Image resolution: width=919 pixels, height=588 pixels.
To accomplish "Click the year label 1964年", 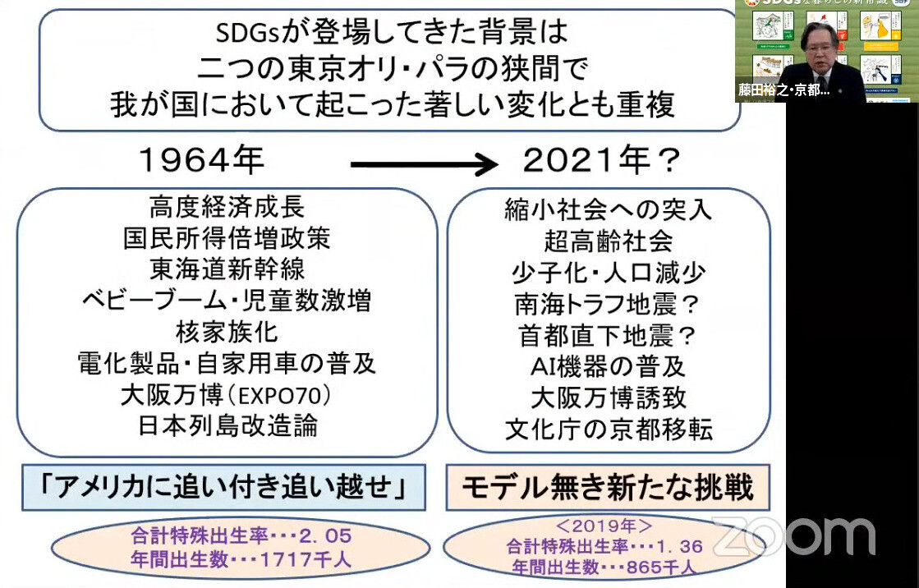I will (202, 161).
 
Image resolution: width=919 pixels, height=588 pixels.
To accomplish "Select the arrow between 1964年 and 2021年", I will (424, 165).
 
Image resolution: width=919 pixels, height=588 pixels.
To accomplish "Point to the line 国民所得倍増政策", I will (227, 238).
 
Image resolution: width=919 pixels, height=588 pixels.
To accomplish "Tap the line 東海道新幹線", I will (227, 269).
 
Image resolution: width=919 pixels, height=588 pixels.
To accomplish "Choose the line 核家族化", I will (227, 332).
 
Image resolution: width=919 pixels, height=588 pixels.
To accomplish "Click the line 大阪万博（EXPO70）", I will (227, 395).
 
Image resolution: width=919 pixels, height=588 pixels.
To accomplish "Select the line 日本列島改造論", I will (227, 426).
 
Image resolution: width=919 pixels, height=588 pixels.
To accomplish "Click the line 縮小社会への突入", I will (609, 210).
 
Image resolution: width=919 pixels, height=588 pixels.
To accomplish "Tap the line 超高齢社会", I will (609, 241).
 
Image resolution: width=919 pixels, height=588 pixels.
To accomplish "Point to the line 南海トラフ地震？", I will (609, 304).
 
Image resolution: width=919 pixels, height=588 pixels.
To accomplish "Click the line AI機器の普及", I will (609, 366).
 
